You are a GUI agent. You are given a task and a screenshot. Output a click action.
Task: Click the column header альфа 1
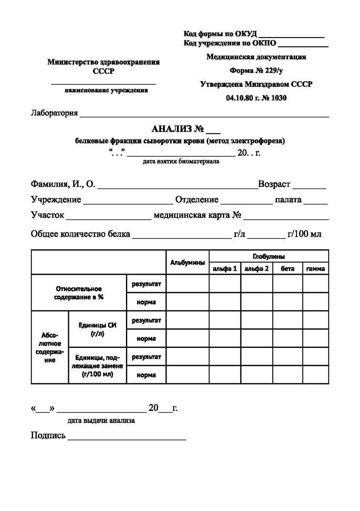click(x=225, y=269)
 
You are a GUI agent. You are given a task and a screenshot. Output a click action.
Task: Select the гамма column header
click(x=315, y=269)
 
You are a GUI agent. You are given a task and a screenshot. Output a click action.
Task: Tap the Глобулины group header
click(x=269, y=256)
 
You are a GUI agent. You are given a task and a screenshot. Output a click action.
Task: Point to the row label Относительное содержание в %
click(x=79, y=293)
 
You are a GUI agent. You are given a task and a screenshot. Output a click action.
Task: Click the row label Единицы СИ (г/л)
click(x=97, y=329)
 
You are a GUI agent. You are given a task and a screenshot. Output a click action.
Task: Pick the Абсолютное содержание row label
click(x=50, y=347)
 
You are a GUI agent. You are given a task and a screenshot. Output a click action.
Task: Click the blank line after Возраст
click(x=309, y=187)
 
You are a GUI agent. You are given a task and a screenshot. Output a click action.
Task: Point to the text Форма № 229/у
click(x=256, y=71)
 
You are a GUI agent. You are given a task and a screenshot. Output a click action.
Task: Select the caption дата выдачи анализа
click(x=101, y=421)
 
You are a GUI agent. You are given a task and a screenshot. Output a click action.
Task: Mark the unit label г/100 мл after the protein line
click(x=304, y=234)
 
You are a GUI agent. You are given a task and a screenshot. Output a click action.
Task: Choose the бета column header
click(x=287, y=269)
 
